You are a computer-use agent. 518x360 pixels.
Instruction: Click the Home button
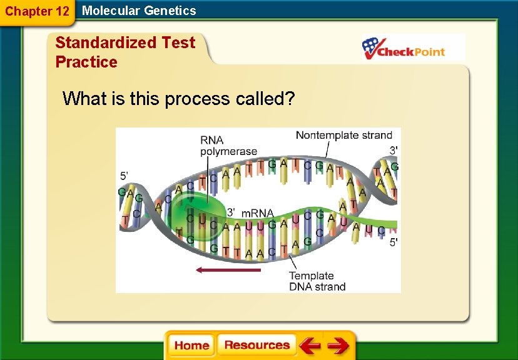(191, 346)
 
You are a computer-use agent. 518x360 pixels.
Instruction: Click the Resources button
(256, 346)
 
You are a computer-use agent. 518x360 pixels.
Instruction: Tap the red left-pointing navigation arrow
(309, 346)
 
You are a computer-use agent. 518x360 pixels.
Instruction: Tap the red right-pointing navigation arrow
(338, 346)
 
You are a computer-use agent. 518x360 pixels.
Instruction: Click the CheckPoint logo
(413, 47)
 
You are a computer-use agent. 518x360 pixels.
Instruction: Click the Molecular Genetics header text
(139, 11)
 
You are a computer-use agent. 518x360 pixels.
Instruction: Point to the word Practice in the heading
(86, 62)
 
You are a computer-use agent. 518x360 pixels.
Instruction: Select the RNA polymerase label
(228, 146)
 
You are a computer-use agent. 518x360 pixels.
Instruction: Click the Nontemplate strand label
(343, 135)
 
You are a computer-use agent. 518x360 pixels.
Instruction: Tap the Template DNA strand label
(317, 281)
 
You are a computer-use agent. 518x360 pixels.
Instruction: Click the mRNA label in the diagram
(258, 213)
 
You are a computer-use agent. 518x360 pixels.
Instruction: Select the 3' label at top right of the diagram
(393, 151)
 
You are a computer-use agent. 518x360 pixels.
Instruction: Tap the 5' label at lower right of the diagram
(392, 242)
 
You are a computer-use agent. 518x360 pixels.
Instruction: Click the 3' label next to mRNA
(231, 212)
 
